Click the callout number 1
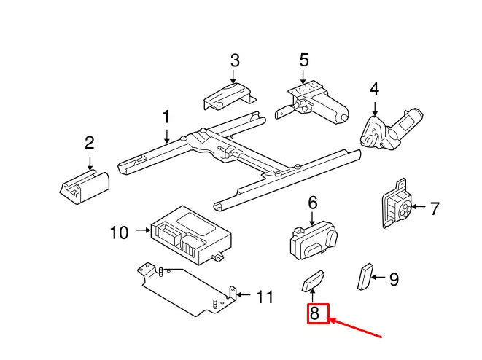point(166,117)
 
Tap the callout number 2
point(90,143)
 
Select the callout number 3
point(235,60)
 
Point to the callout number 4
point(374,89)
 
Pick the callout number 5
point(304,60)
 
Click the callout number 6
point(313,203)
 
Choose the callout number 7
point(435,209)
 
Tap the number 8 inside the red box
point(314,313)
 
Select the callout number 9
point(394,279)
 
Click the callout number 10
point(120,232)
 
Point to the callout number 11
point(265,297)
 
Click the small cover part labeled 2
point(85,187)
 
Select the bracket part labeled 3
point(229,96)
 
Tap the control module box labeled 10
point(191,235)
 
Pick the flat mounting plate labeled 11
point(187,289)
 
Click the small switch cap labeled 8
point(313,281)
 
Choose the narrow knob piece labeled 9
point(365,276)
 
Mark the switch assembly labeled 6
point(314,240)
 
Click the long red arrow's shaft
point(355,329)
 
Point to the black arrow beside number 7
point(419,207)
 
